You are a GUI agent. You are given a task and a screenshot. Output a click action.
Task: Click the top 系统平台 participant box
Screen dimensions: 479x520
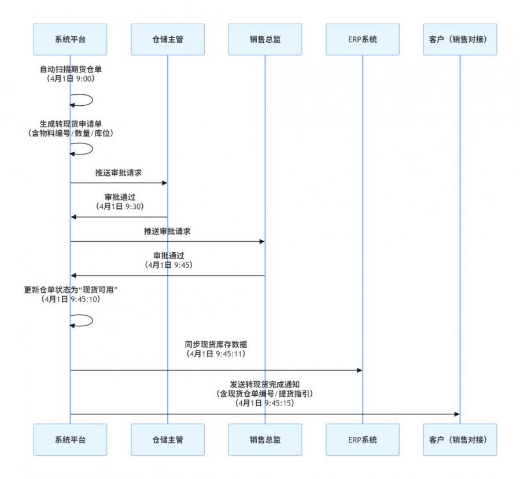click(70, 39)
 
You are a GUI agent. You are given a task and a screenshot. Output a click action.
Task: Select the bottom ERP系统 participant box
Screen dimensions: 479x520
click(362, 440)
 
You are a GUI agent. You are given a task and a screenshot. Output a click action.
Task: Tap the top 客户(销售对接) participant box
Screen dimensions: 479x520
click(460, 39)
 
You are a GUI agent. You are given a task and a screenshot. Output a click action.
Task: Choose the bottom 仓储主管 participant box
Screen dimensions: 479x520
click(167, 440)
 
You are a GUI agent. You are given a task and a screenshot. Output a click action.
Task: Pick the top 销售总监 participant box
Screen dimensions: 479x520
click(265, 39)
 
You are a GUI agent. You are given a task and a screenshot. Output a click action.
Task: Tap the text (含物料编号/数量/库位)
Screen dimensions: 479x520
click(70, 133)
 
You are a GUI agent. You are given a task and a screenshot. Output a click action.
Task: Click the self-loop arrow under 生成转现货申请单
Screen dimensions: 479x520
click(84, 149)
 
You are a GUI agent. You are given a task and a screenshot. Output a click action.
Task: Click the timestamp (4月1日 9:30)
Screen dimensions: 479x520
click(120, 206)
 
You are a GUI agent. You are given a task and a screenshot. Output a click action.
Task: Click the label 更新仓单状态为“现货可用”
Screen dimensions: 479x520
click(70, 289)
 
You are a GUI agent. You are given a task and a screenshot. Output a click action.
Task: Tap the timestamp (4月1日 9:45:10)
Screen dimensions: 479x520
click(70, 299)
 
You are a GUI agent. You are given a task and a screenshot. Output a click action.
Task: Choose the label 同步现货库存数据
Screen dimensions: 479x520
click(216, 344)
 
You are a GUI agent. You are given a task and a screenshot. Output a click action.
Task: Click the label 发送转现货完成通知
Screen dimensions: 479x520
click(264, 384)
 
